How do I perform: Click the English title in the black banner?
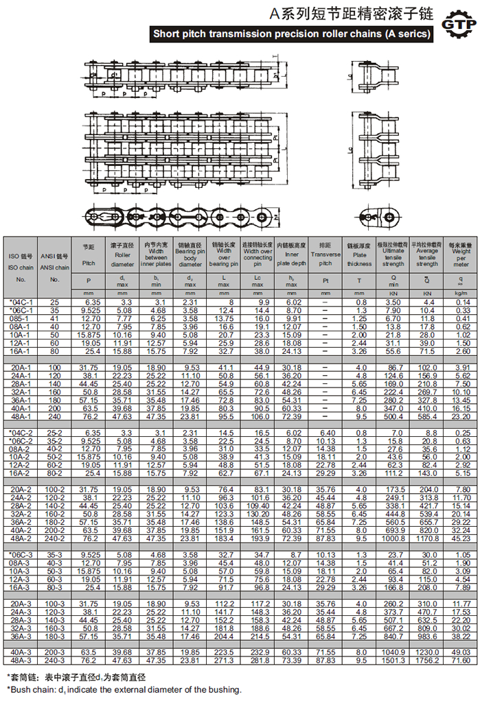click(291, 34)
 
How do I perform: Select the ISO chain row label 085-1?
click(21, 318)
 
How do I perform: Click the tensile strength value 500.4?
click(393, 416)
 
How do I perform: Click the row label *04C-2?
click(21, 432)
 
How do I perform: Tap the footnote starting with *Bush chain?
click(124, 689)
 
